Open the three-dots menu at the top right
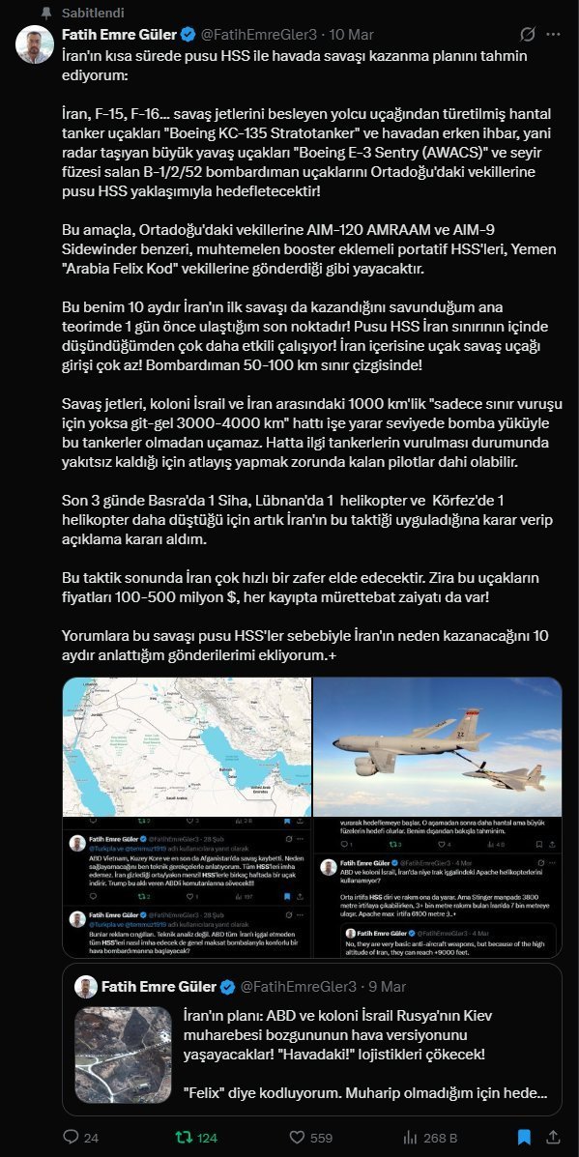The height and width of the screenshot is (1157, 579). pyautogui.click(x=552, y=35)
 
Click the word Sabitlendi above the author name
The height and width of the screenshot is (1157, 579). pyautogui.click(x=89, y=12)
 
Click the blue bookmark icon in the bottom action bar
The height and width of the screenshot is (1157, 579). pyautogui.click(x=523, y=1137)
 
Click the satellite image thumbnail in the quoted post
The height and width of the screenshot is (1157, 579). pyautogui.click(x=122, y=1060)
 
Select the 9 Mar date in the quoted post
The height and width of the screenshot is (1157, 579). pyautogui.click(x=388, y=986)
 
